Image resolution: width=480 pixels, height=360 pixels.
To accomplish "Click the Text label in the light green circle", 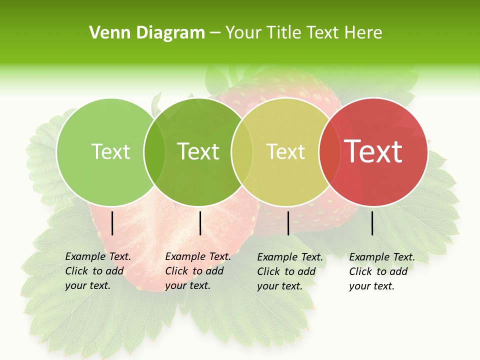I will [x=110, y=151].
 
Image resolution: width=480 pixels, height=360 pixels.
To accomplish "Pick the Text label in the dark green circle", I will [x=198, y=151].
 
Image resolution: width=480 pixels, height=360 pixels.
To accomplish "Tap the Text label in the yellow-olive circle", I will [x=286, y=151].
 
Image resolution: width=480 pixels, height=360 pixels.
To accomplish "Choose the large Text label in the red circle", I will [x=373, y=151].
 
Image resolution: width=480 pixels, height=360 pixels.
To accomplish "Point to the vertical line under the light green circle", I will [x=112, y=223].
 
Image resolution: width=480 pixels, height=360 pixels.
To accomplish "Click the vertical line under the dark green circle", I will [x=200, y=223].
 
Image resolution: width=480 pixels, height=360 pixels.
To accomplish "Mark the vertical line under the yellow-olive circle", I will [x=288, y=223].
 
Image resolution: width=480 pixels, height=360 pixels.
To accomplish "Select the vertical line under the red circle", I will [x=372, y=223].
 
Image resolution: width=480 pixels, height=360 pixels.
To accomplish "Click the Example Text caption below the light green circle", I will [x=98, y=271].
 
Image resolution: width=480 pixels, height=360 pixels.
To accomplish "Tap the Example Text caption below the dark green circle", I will [x=198, y=271].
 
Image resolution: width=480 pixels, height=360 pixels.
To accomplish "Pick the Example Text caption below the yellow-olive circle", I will [x=290, y=271].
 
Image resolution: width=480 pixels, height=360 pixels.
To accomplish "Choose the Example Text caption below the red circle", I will [x=382, y=271].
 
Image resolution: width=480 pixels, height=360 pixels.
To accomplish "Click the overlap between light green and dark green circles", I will [x=154, y=152].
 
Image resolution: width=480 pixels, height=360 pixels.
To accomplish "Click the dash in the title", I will [x=215, y=33].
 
